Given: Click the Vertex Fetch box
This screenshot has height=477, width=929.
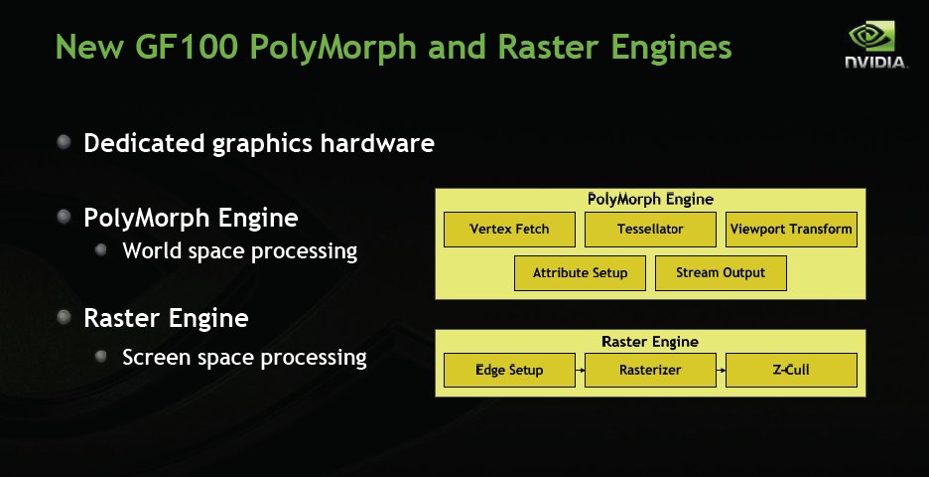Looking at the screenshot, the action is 509,229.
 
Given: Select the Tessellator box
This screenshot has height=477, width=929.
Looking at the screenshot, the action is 650,229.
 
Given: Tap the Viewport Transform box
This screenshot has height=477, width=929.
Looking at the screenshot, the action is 791,229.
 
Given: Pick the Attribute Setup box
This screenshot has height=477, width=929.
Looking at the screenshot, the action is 580,273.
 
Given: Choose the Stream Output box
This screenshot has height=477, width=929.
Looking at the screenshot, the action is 721,273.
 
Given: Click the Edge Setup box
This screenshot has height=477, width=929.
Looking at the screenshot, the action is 509,371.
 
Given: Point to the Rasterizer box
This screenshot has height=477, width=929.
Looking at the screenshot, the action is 650,371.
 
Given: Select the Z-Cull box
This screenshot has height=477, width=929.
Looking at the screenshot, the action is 791,371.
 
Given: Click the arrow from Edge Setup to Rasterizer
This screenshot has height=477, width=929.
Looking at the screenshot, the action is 580,371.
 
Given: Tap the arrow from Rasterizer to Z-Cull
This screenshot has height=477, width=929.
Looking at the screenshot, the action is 721,371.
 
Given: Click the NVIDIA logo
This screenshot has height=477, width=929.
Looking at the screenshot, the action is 875,45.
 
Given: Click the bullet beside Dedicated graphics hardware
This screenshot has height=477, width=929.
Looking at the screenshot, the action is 64,142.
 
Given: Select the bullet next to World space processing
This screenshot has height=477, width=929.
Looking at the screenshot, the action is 100,249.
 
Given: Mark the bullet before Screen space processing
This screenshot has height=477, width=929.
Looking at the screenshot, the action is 100,356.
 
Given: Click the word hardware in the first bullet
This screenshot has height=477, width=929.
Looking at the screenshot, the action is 377,143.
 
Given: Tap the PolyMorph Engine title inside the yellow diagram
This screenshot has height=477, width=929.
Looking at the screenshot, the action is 650,200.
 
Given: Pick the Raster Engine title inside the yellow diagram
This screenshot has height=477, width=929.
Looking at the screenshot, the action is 650,342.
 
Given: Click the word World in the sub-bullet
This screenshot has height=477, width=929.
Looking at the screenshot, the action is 153,250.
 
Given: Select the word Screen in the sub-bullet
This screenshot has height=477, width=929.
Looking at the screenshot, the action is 157,357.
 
